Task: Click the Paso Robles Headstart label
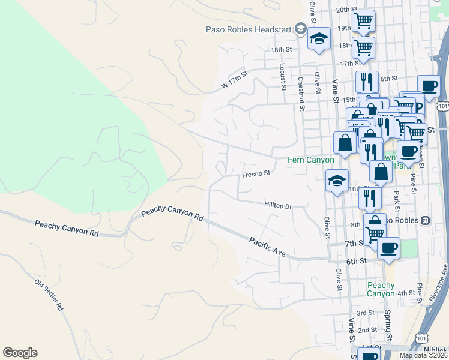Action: [248, 29]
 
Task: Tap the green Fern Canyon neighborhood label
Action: [309, 160]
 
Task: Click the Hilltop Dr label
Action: [277, 206]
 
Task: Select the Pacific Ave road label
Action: [267, 246]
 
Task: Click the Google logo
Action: [20, 353]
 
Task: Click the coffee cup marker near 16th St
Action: [429, 86]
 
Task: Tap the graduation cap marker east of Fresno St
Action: [337, 180]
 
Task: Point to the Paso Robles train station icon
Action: [425, 220]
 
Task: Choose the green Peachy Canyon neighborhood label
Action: [381, 289]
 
